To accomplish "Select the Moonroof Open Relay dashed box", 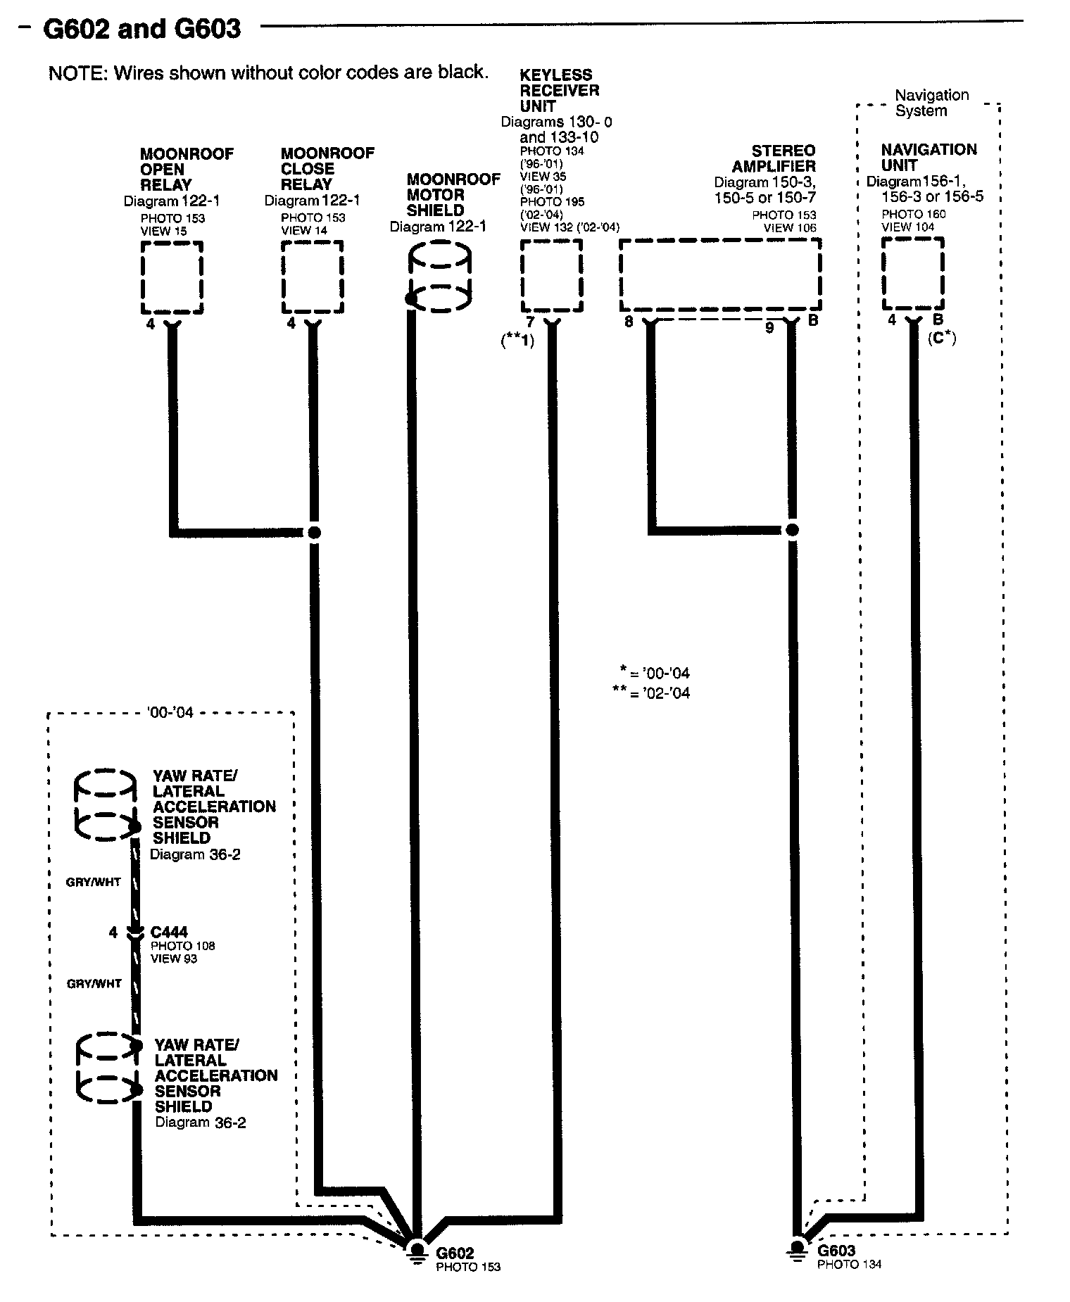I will [172, 277].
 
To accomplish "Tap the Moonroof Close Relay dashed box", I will [313, 277].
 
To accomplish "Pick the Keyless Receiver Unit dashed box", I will [551, 275].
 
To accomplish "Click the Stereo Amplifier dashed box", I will [719, 274].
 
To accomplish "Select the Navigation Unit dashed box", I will [913, 273].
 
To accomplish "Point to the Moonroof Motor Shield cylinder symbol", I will [439, 276].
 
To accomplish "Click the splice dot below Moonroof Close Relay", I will [314, 532].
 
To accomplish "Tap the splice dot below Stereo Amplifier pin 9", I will [792, 530].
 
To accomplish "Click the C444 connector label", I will [169, 932].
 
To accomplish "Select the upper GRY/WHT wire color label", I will [94, 882].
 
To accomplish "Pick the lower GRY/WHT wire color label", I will [94, 983].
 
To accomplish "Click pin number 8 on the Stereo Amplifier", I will [629, 322].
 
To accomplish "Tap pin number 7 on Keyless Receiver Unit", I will [530, 322].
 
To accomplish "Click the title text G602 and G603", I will [141, 29].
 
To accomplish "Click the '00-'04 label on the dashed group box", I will [170, 712].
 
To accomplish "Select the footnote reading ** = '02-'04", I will [651, 693].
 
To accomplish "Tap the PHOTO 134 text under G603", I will [849, 1264].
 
